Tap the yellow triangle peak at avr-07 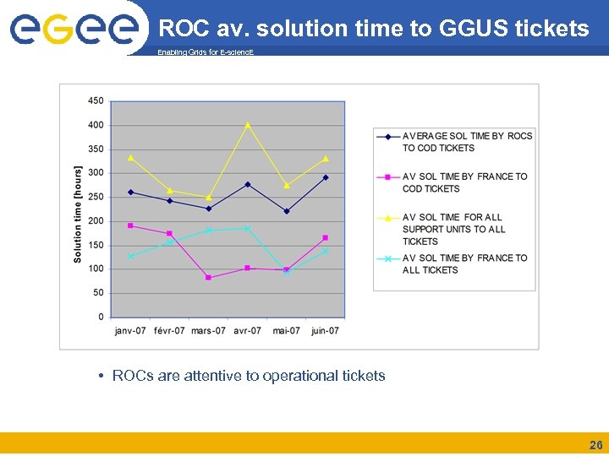pos(248,125)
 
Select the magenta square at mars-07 pos(208,277)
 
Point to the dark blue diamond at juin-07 pos(326,177)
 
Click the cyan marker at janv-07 pos(131,256)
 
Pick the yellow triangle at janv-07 pos(130,157)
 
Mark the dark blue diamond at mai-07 pos(287,211)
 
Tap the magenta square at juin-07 pos(326,237)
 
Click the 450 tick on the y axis pos(96,100)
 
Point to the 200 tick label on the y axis pos(96,221)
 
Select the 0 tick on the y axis pos(100,317)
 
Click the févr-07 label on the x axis pos(169,330)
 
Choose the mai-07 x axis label pos(287,330)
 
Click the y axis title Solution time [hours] pos(78,214)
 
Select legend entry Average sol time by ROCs pos(467,142)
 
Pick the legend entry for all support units pos(453,229)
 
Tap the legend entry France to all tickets pos(464,263)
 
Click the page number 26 pos(595,445)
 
